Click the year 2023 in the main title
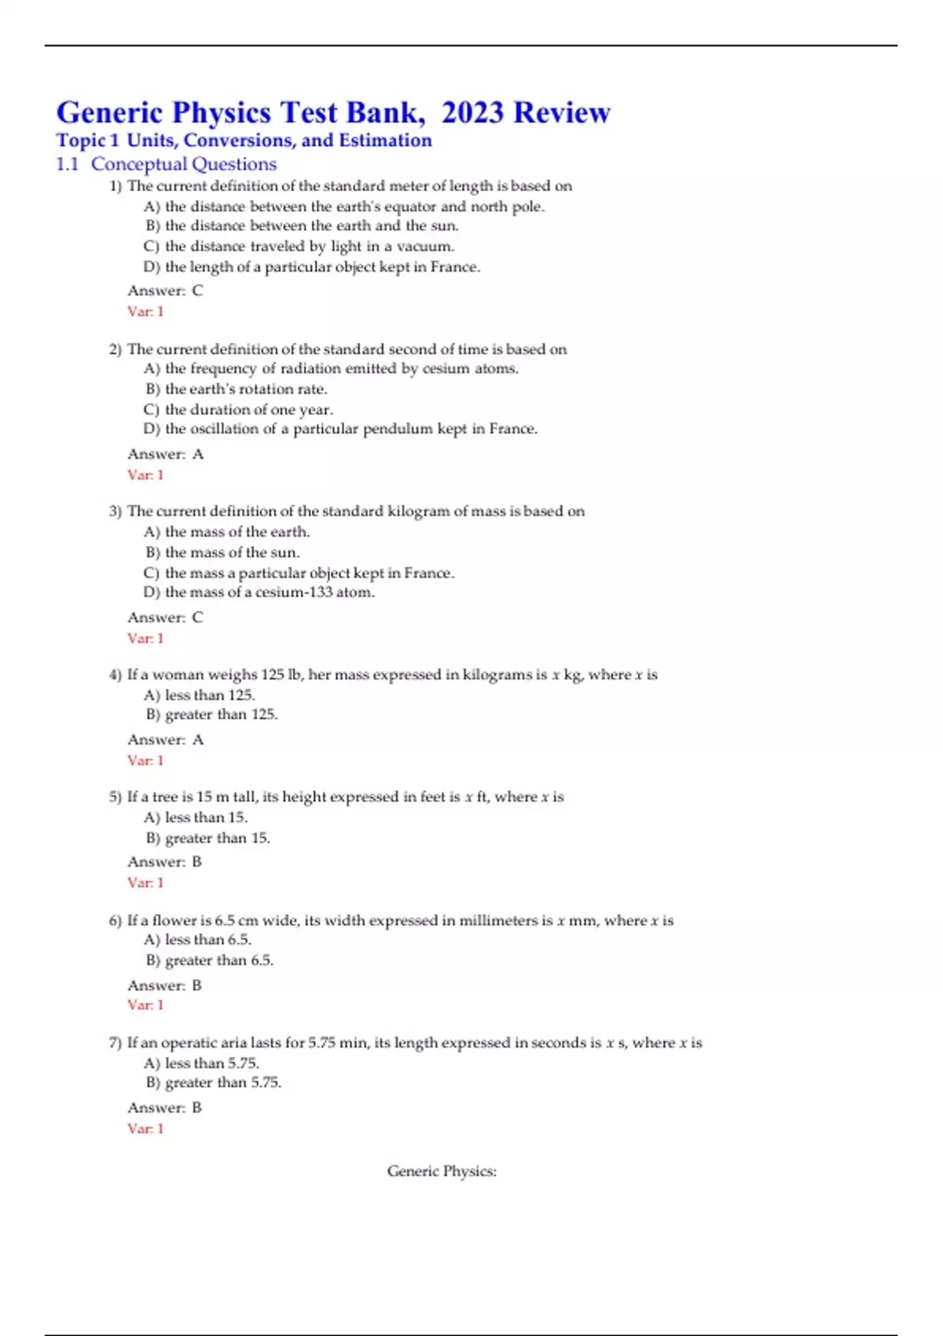[x=472, y=113]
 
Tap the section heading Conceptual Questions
[x=184, y=164]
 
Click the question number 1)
[x=116, y=186]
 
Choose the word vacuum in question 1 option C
[x=425, y=246]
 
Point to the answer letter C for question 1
[x=197, y=290]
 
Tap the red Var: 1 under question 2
[x=145, y=475]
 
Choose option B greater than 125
[x=212, y=714]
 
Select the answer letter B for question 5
[x=197, y=861]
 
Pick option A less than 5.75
[x=202, y=1063]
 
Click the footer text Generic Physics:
[x=442, y=1171]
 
